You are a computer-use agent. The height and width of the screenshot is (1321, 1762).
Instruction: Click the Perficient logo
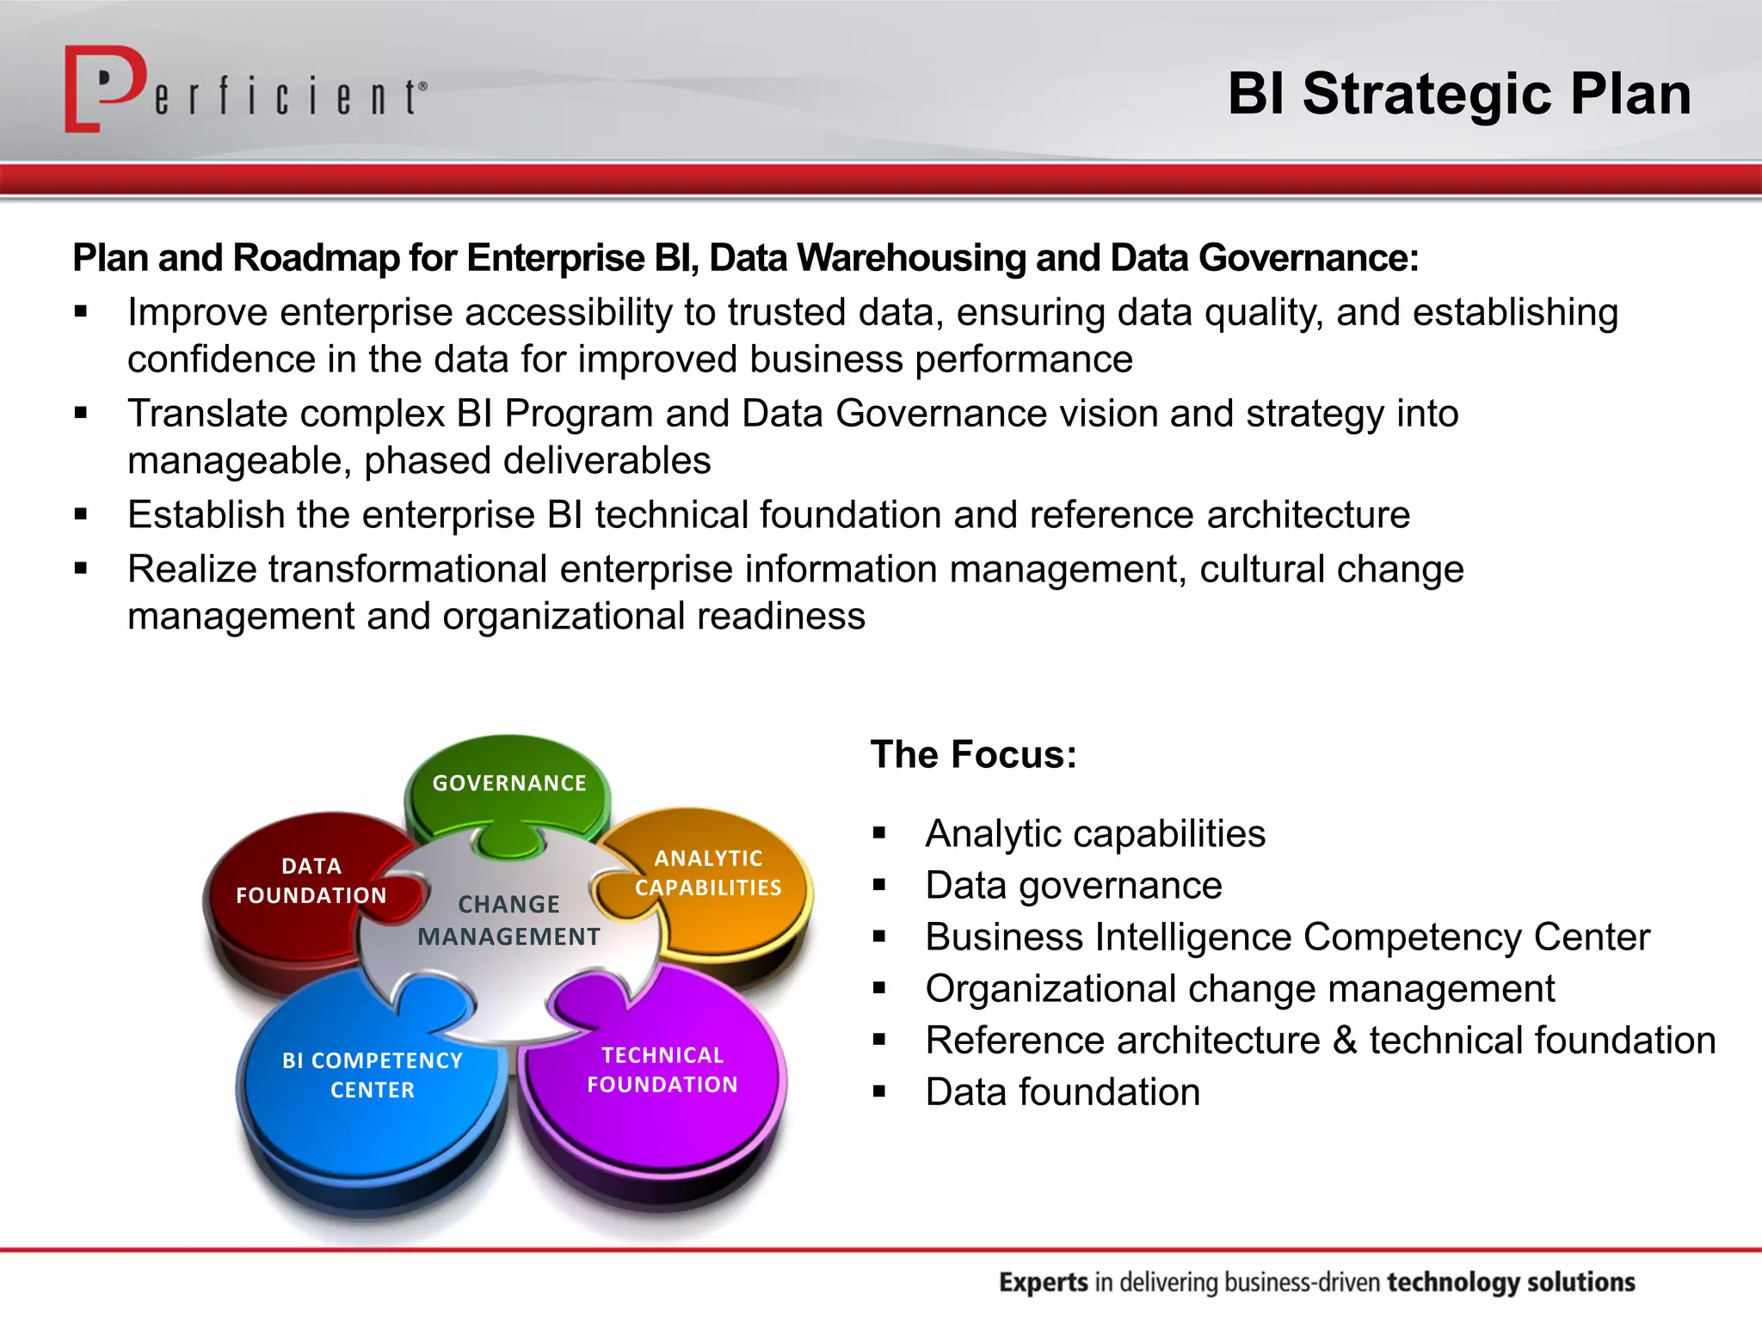[x=245, y=89]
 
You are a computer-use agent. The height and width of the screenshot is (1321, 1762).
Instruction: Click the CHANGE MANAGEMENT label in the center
[x=508, y=920]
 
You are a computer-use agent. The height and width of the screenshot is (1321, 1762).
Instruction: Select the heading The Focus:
[x=973, y=754]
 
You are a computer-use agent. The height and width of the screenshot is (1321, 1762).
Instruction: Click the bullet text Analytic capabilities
[x=1094, y=833]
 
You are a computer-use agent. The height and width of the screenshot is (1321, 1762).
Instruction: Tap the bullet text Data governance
[x=1073, y=885]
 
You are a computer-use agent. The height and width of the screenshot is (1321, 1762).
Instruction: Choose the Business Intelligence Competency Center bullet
[x=1287, y=937]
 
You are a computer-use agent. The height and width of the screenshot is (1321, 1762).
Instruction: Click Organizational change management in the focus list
[x=1239, y=988]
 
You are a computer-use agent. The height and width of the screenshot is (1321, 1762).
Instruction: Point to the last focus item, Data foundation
[x=1063, y=1091]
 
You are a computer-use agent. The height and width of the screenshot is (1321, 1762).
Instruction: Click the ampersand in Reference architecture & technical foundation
[x=1345, y=1040]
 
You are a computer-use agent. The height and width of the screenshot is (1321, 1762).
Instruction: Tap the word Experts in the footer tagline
[x=1044, y=1282]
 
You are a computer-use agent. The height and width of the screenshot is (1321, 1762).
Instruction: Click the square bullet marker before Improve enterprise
[x=81, y=312]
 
